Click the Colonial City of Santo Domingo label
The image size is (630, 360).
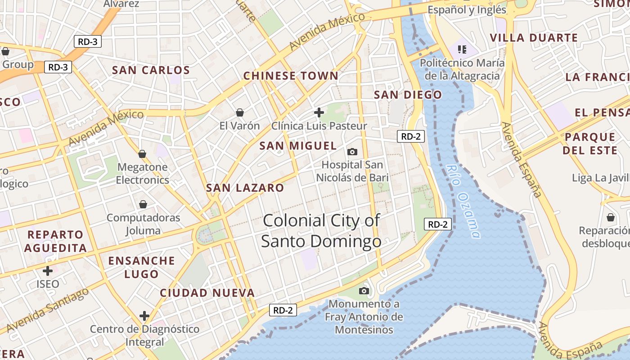[x=321, y=231]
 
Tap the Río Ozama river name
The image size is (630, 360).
[x=463, y=201]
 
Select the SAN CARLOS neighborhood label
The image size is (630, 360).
[x=151, y=70]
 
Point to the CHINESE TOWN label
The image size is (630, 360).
[x=291, y=76]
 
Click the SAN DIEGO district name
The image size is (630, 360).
[x=408, y=94]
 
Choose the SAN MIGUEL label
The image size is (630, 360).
[x=298, y=146]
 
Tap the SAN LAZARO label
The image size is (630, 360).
[x=245, y=188]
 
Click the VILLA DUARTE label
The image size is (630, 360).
[x=534, y=38]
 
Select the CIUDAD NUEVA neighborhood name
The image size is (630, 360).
[x=207, y=293]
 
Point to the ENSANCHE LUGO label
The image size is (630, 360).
[x=141, y=267]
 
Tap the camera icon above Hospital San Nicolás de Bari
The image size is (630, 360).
[x=352, y=152]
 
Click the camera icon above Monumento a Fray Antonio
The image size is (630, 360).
[x=364, y=291]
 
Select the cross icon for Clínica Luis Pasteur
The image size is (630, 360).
[x=319, y=112]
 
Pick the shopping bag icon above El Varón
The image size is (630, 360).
[x=240, y=112]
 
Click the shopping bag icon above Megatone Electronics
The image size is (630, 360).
[x=142, y=154]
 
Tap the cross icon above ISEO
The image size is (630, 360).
[x=47, y=271]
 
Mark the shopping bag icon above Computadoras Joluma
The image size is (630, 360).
[x=143, y=205]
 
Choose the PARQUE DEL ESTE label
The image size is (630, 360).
[x=589, y=144]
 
